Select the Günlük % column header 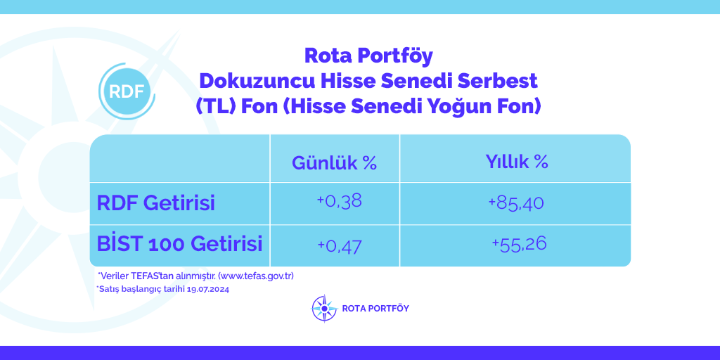(334, 162)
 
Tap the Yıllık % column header (517, 162)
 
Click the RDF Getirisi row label (155, 203)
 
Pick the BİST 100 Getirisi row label (179, 243)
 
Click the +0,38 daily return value (340, 201)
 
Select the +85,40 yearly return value (516, 202)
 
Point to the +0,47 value (340, 245)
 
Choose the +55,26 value (519, 243)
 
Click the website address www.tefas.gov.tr (256, 276)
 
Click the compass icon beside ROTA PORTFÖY (324, 308)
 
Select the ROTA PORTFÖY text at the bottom (375, 308)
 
